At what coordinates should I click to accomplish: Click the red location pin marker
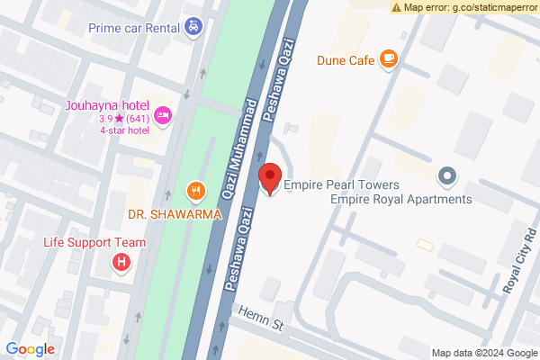(x=269, y=177)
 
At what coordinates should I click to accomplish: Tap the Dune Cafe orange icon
(x=389, y=59)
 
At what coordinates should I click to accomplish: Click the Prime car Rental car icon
(x=193, y=26)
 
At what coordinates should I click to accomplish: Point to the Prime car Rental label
(x=132, y=27)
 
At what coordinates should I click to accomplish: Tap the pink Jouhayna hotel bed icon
(x=163, y=114)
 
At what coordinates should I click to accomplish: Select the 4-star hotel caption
(x=124, y=130)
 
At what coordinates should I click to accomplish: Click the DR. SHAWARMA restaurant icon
(x=194, y=190)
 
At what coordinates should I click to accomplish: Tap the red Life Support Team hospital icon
(x=121, y=263)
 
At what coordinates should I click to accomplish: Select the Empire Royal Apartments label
(x=401, y=200)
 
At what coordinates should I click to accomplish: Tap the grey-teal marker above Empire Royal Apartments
(x=445, y=174)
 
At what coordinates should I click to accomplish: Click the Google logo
(x=30, y=349)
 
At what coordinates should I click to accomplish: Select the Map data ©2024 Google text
(x=483, y=353)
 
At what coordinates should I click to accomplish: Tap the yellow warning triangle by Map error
(x=396, y=6)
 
